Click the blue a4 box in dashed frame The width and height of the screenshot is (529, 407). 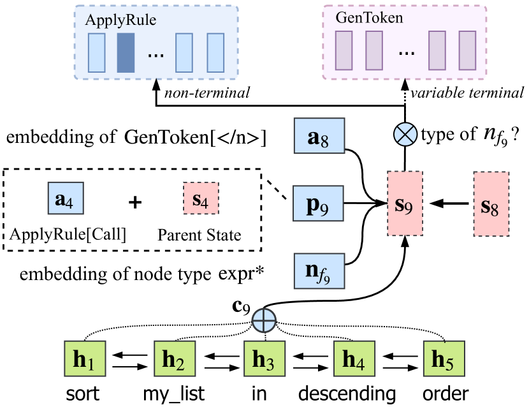click(68, 202)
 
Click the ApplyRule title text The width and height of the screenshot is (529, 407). click(120, 19)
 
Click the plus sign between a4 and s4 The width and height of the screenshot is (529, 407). click(134, 202)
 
